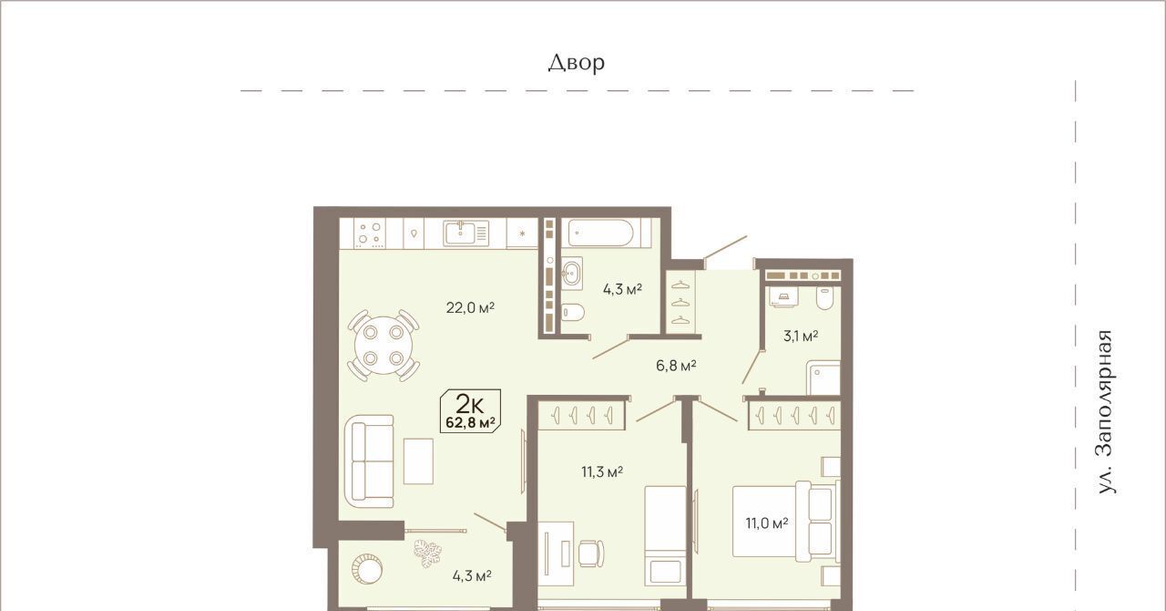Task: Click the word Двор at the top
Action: [x=577, y=63]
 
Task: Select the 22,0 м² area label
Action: [x=470, y=307]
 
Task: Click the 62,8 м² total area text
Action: [x=471, y=422]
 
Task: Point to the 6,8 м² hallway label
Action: [x=676, y=366]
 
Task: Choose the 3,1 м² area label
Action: [x=801, y=336]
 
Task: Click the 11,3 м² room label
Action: [x=602, y=471]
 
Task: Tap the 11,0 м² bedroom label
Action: [x=767, y=523]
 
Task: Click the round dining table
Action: [x=384, y=345]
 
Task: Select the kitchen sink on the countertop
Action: [x=465, y=233]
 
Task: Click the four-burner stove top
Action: [x=370, y=233]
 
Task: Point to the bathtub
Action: [x=600, y=233]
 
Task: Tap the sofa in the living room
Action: [x=369, y=461]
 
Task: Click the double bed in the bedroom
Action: [x=786, y=522]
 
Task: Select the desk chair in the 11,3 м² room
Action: [x=591, y=554]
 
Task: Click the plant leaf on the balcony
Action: [x=428, y=554]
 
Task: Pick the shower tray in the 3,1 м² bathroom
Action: [x=823, y=378]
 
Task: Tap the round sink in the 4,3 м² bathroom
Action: [x=571, y=271]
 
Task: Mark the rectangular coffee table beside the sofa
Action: [x=418, y=461]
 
